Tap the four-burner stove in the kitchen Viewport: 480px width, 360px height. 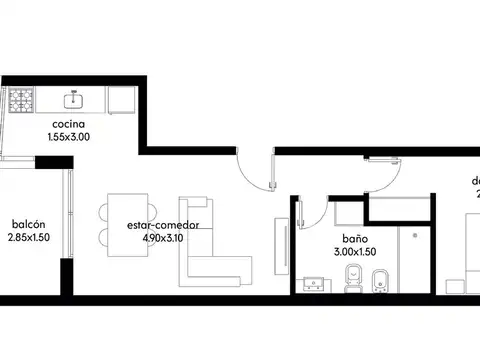22,100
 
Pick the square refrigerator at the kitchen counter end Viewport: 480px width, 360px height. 119,100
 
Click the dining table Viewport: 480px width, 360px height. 122,225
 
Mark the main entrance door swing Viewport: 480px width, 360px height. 259,168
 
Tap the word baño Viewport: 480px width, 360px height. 355,240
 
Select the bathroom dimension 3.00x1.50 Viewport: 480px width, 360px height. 355,253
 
